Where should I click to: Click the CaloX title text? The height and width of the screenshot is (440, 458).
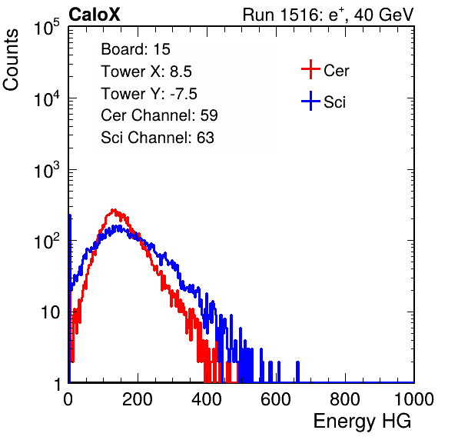pyautogui.click(x=95, y=15)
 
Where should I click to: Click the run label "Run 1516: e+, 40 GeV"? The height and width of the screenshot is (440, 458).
pyautogui.click(x=328, y=15)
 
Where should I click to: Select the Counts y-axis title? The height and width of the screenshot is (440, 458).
pyautogui.click(x=11, y=60)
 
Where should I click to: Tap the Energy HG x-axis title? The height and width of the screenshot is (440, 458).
pyautogui.click(x=362, y=422)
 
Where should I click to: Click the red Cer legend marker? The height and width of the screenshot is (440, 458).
pyautogui.click(x=310, y=69)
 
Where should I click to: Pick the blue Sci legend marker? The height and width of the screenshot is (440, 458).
pyautogui.click(x=310, y=102)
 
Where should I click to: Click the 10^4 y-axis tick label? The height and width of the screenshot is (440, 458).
pyautogui.click(x=47, y=98)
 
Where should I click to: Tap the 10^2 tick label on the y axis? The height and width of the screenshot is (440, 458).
pyautogui.click(x=47, y=241)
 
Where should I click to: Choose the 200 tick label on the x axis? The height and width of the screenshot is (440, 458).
pyautogui.click(x=138, y=399)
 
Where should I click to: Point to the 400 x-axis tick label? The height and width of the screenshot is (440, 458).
pyautogui.click(x=207, y=399)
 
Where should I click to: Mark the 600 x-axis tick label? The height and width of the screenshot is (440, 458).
pyautogui.click(x=276, y=399)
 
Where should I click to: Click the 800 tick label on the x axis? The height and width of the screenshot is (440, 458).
pyautogui.click(x=345, y=399)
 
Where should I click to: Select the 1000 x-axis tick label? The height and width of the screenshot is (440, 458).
pyautogui.click(x=414, y=399)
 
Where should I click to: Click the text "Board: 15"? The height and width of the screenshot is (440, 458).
pyautogui.click(x=135, y=49)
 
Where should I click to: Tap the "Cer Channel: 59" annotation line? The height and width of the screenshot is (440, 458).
pyautogui.click(x=159, y=115)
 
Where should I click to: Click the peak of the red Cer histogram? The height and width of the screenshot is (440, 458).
pyautogui.click(x=114, y=210)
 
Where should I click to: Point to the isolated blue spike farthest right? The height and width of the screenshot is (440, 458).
pyautogui.click(x=297, y=372)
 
